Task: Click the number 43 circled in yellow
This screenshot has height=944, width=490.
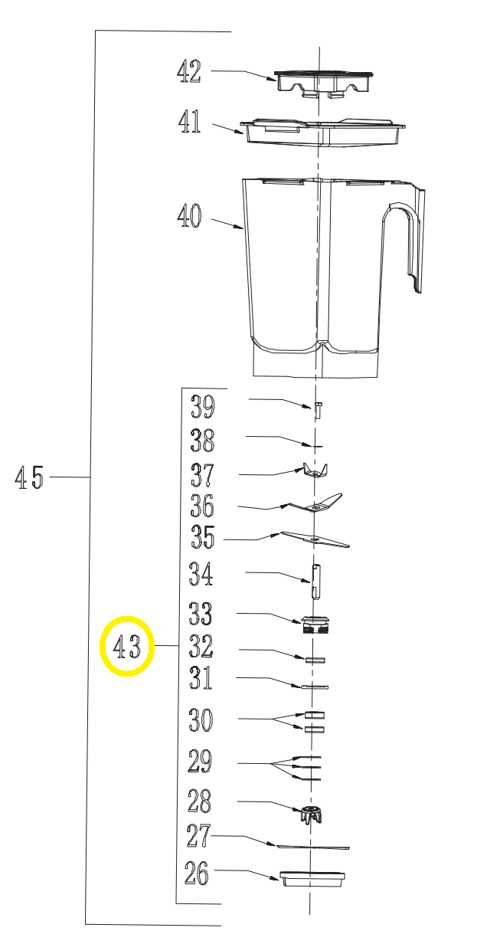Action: (127, 646)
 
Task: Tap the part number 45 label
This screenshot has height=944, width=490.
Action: (29, 477)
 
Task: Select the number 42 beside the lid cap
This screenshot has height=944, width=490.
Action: (189, 71)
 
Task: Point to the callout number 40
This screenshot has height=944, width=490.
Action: (189, 215)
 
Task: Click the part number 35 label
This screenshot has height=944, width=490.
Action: (203, 537)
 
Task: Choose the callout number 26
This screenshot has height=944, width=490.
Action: (197, 873)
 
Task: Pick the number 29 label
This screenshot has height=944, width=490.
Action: (200, 761)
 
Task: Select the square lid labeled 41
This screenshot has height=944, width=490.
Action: (322, 133)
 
